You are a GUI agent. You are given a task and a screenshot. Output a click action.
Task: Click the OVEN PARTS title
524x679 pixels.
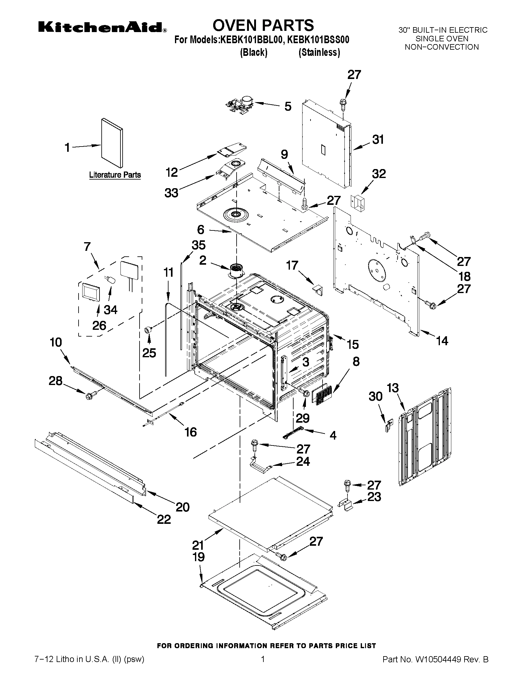[263, 25]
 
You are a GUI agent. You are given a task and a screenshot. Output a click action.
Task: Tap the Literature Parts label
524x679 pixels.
[115, 175]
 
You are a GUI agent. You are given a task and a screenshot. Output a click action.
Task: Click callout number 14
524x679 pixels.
[442, 341]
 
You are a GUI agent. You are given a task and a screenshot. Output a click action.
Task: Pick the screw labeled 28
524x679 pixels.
[91, 395]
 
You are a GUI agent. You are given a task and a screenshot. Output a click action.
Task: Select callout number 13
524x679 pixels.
[393, 388]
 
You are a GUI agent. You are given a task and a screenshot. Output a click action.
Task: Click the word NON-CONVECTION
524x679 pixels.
[442, 47]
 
